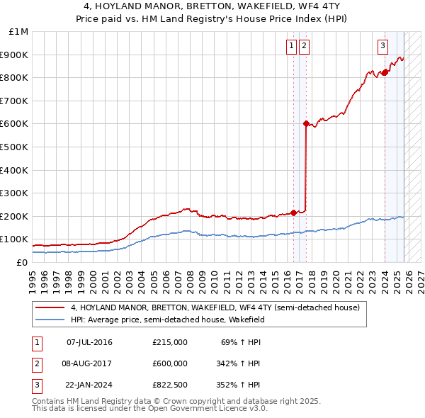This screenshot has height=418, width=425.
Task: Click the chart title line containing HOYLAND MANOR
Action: [x=212, y=8]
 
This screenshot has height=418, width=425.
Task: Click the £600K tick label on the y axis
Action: [x=14, y=124]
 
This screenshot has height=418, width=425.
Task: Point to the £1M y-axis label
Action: [x=19, y=32]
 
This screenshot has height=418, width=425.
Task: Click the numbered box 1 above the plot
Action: [x=291, y=46]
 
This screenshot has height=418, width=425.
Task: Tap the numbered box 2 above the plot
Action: [x=304, y=46]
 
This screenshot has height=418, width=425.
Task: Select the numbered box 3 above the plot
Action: [x=382, y=46]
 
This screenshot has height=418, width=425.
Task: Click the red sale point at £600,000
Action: [x=306, y=124]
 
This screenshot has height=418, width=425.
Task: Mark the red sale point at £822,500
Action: [x=385, y=72]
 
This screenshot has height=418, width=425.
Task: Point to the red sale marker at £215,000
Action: [x=293, y=213]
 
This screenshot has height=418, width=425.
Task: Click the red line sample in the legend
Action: [x=51, y=307]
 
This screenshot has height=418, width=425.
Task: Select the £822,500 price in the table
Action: [x=170, y=385]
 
